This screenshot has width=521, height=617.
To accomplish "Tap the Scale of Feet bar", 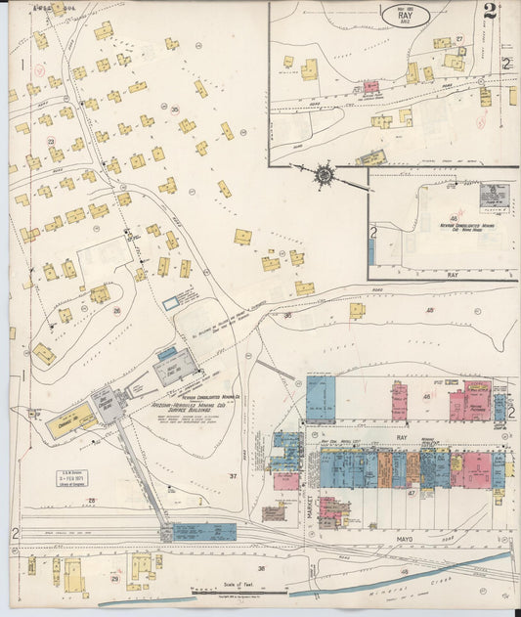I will click(238, 591).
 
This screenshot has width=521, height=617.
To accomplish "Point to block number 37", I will click(233, 476).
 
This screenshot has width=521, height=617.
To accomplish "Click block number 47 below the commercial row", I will click(412, 494).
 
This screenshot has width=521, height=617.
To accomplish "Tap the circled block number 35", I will click(175, 109).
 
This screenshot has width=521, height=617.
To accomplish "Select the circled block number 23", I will click(51, 142).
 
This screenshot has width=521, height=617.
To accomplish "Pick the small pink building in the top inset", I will click(370, 86).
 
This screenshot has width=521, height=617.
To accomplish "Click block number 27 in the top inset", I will click(458, 38).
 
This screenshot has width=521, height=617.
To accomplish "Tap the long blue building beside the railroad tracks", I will click(204, 532).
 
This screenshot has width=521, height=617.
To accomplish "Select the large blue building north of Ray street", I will click(321, 398).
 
